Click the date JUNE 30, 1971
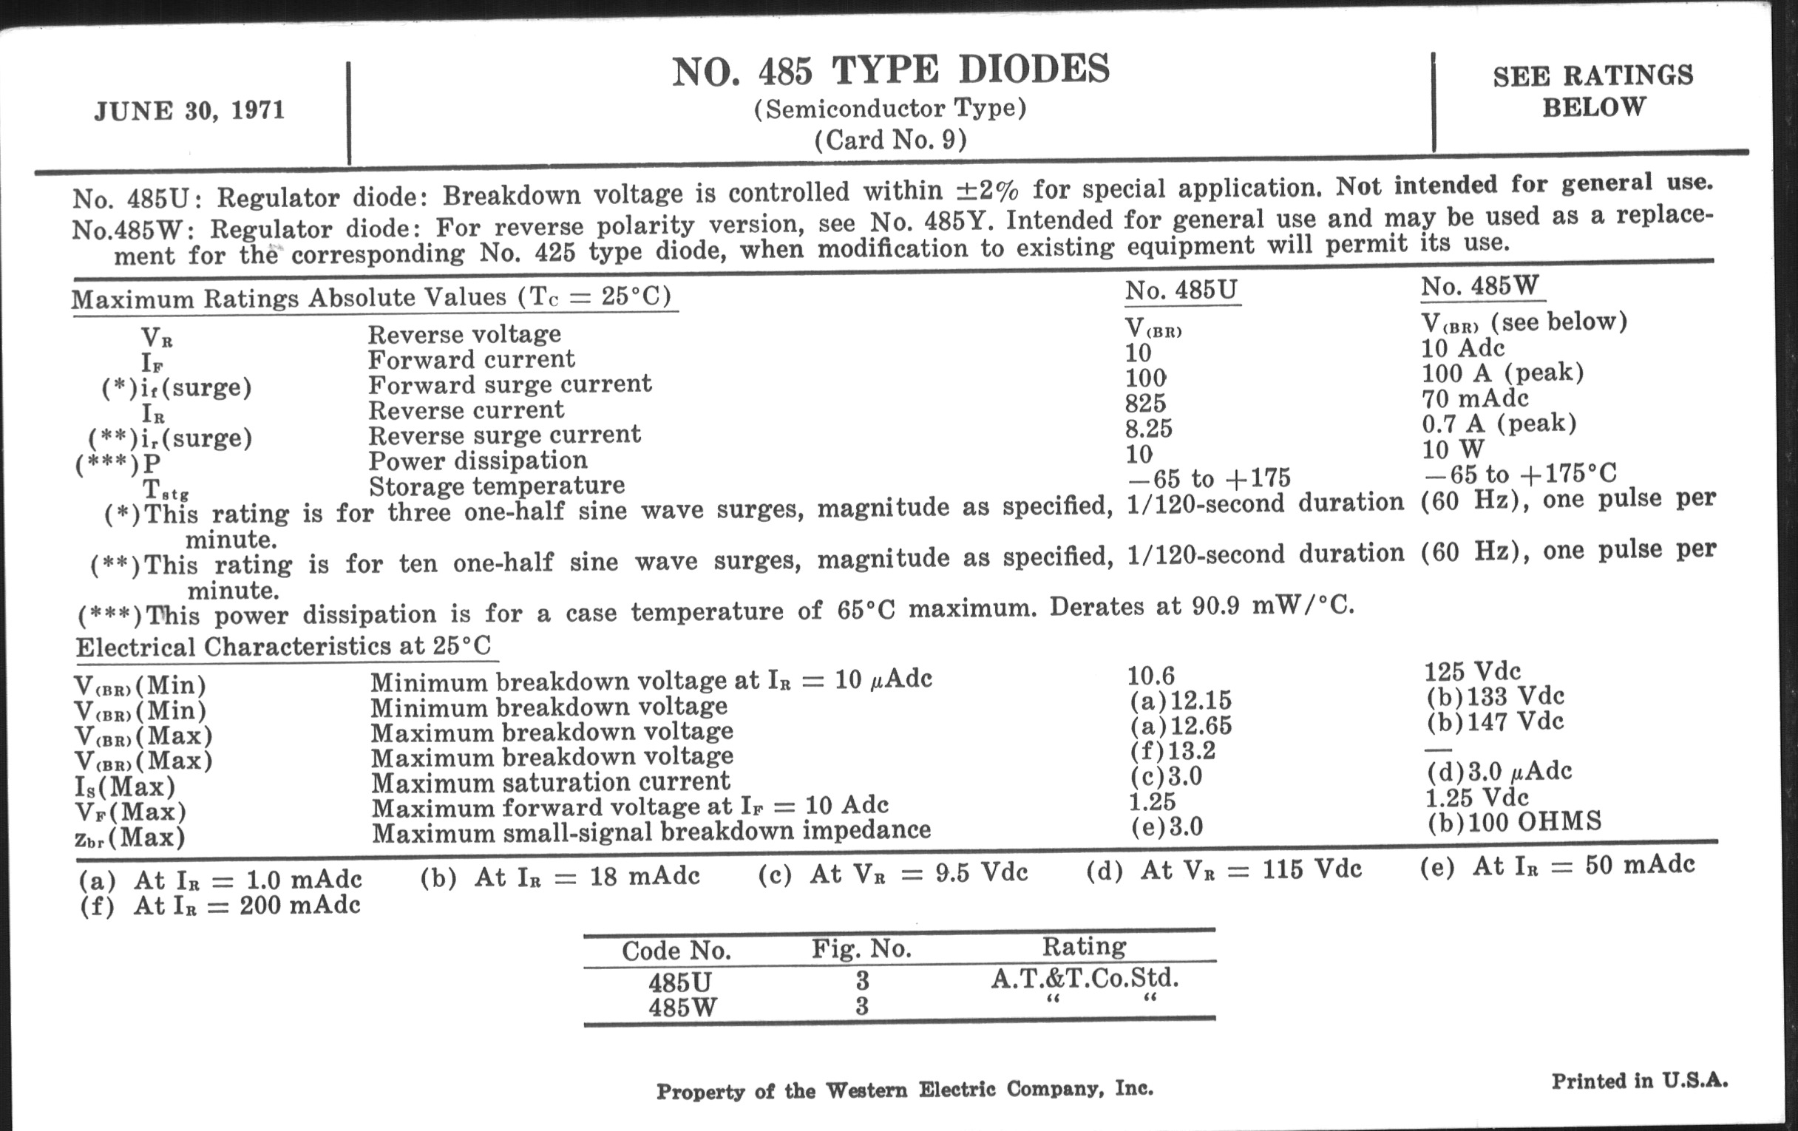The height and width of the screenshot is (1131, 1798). (x=189, y=111)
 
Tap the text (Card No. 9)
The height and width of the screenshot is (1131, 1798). (x=891, y=140)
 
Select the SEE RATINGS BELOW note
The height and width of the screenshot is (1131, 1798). (x=1593, y=91)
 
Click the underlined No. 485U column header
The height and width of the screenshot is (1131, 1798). (x=1181, y=291)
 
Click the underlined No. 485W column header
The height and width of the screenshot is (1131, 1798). (x=1480, y=286)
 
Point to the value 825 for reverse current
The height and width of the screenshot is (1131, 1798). (x=1145, y=403)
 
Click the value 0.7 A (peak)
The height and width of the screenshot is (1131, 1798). (x=1499, y=424)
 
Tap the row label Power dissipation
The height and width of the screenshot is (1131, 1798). (x=478, y=461)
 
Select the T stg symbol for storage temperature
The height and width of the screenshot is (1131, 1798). (x=165, y=489)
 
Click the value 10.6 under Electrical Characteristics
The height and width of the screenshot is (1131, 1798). (x=1150, y=676)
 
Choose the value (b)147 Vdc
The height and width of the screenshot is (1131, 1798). (x=1494, y=722)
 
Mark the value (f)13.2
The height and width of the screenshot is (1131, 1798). (x=1173, y=750)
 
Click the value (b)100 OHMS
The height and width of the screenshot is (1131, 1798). (x=1514, y=822)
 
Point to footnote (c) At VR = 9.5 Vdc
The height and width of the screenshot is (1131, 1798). (x=893, y=873)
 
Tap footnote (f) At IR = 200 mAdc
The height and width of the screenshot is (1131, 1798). (x=220, y=906)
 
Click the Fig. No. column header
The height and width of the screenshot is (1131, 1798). (x=862, y=949)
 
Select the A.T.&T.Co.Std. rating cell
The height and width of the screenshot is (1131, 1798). (x=1084, y=978)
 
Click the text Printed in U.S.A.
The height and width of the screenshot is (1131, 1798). (x=1640, y=1081)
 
